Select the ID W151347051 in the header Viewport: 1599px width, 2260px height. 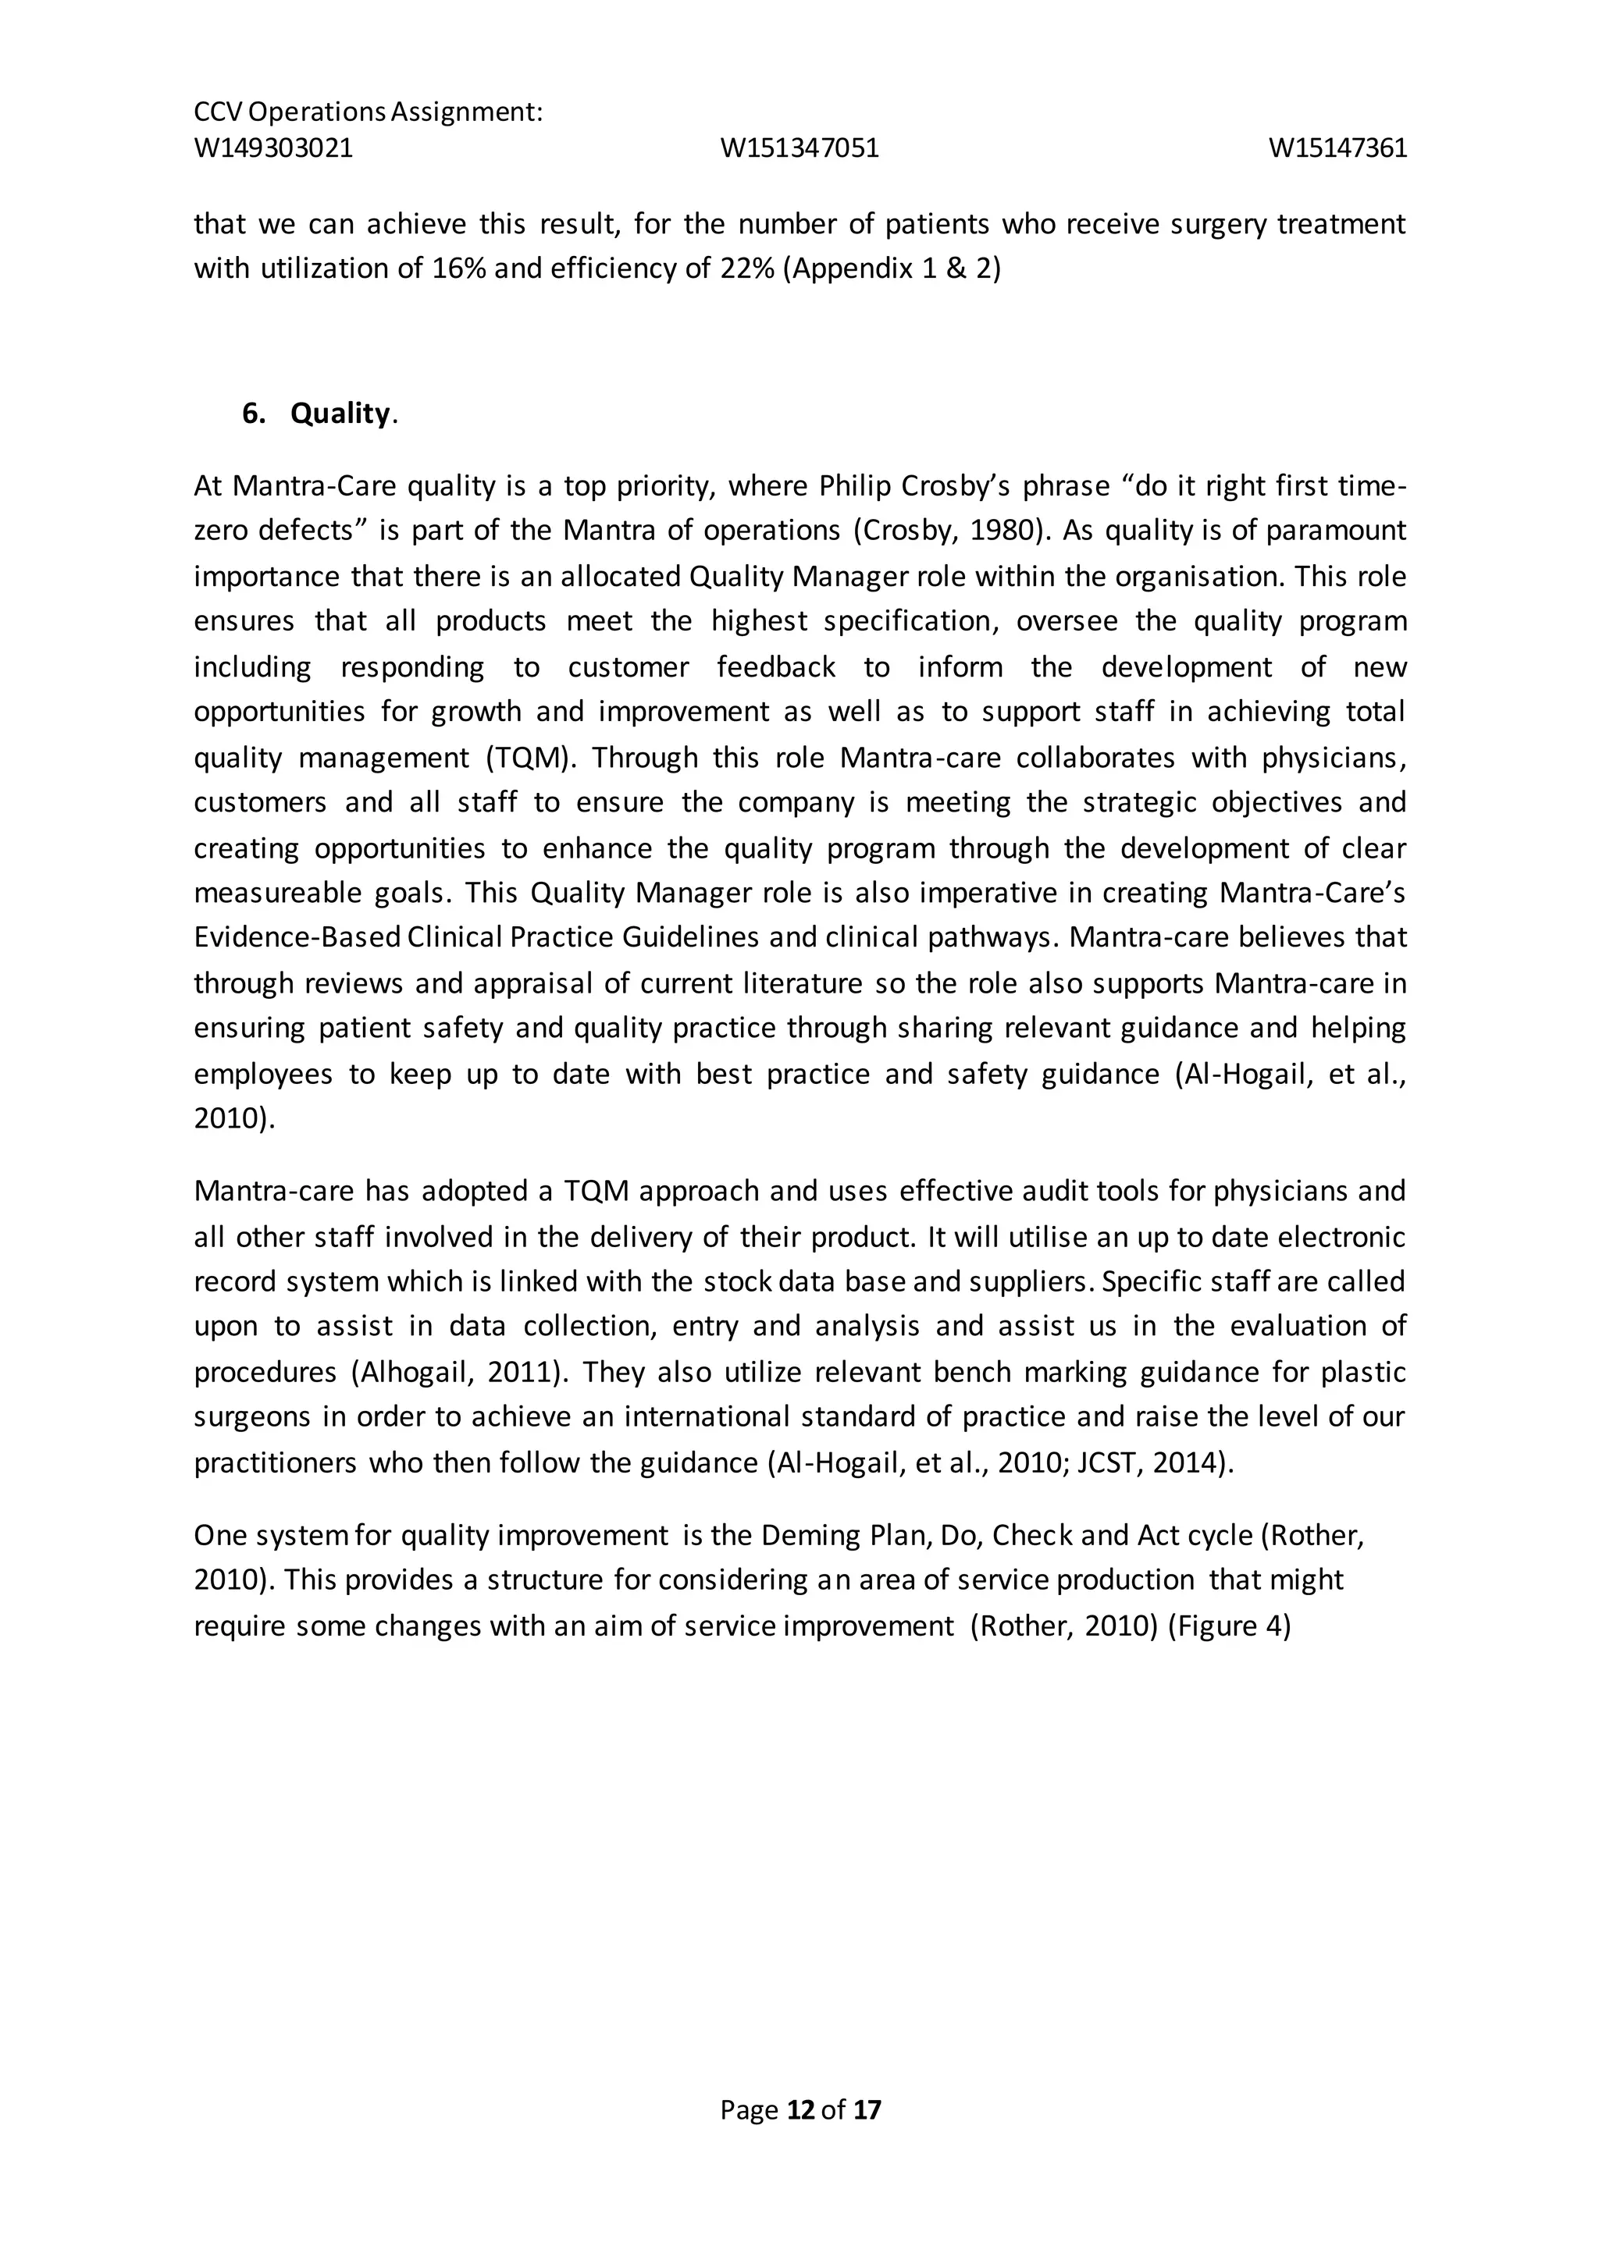[799, 148]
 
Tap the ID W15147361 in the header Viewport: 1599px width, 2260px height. [1337, 148]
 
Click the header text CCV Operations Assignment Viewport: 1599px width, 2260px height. [369, 112]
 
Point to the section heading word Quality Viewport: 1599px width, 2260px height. [340, 414]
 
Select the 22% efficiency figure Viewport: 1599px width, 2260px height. [747, 268]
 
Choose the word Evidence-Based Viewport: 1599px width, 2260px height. [297, 937]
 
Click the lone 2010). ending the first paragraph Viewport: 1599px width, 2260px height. [234, 1119]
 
